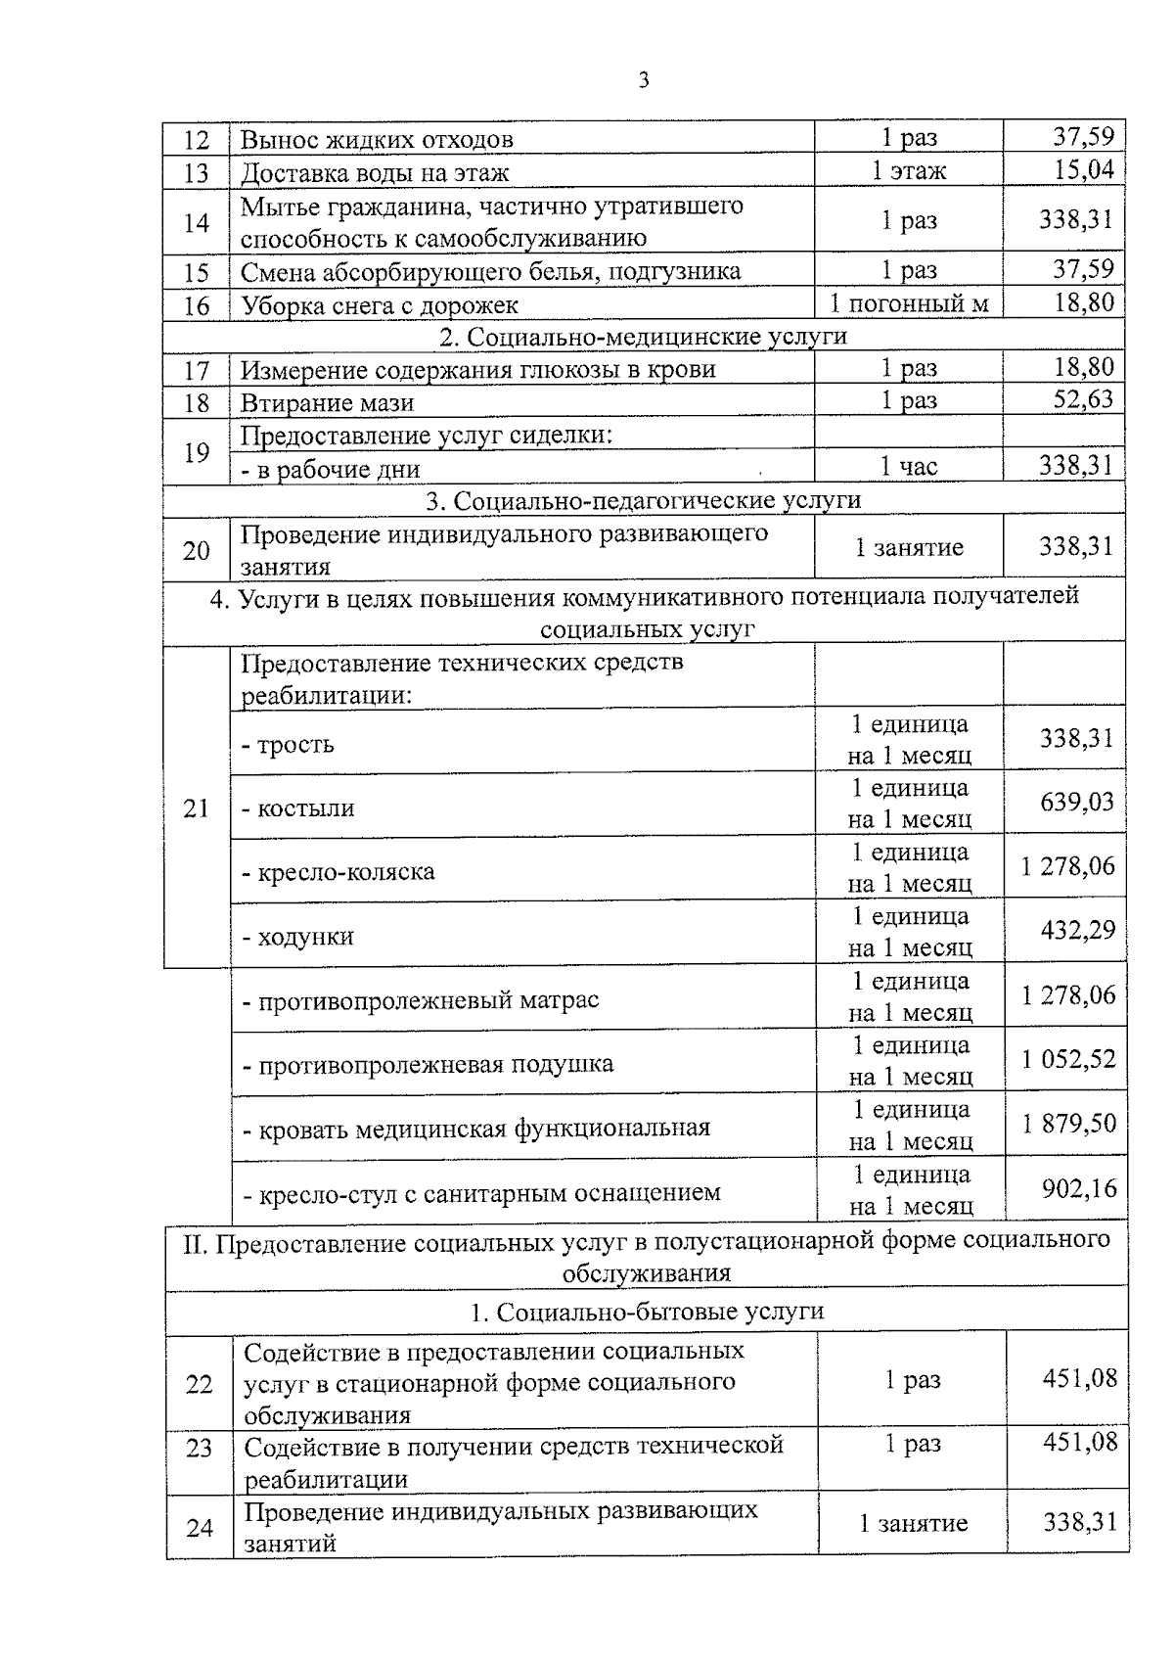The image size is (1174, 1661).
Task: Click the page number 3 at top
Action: click(x=643, y=80)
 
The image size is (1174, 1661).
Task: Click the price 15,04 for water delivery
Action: click(x=1083, y=170)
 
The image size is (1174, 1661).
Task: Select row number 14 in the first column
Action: click(x=197, y=222)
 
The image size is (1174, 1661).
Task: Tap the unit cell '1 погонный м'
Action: click(x=909, y=303)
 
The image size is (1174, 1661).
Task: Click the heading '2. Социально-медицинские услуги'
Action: click(x=643, y=336)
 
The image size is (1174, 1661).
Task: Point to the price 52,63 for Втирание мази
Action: click(x=1083, y=400)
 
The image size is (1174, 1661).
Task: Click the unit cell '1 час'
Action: click(x=909, y=467)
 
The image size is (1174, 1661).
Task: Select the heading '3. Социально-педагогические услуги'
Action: click(x=643, y=500)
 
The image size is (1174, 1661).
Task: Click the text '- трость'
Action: click(x=288, y=745)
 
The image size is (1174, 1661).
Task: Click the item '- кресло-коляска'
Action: click(x=339, y=871)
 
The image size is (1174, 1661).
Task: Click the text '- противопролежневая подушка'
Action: click(x=429, y=1064)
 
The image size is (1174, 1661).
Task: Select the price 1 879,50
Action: click(x=1069, y=1124)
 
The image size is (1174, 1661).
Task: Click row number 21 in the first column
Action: click(x=197, y=808)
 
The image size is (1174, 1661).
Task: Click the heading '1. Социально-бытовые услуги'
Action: click(x=647, y=1312)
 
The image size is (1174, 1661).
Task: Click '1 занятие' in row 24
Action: click(x=913, y=1523)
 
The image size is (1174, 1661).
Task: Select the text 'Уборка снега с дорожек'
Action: click(x=380, y=305)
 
